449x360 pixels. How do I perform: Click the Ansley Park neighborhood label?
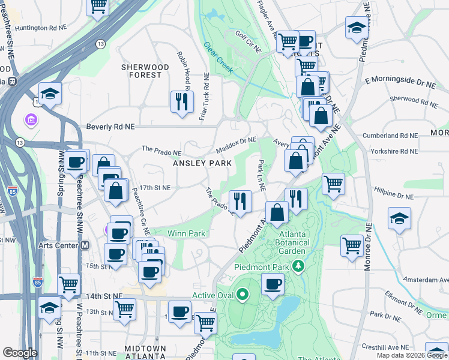[x=202, y=163]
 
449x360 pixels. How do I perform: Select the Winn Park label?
[x=186, y=233]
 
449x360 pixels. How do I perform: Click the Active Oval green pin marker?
[x=242, y=295]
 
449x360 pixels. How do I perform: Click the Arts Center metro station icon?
[x=85, y=245]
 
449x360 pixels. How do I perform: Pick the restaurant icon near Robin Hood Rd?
[x=182, y=102]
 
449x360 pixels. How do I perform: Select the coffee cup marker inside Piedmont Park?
[x=273, y=284]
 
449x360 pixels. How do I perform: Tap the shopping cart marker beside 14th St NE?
[x=69, y=285]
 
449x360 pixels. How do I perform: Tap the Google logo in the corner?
[x=20, y=352]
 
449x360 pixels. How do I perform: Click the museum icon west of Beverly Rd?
[x=30, y=121]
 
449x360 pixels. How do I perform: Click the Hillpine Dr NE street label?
[x=392, y=196]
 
